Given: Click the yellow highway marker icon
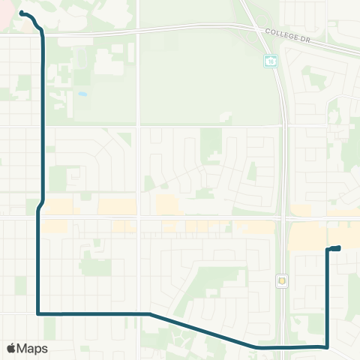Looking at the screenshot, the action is (x=281, y=281).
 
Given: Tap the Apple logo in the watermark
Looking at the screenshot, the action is (x=12, y=348).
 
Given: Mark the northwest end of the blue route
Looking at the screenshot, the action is (x=21, y=13).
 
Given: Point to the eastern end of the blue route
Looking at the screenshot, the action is (x=339, y=247).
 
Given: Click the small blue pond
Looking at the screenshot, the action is (x=81, y=95).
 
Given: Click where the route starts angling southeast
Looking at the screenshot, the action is (x=150, y=313).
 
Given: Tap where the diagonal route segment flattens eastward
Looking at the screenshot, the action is (x=257, y=347).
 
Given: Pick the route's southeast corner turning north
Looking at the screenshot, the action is (x=328, y=346).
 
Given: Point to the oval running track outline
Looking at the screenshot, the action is (x=223, y=117).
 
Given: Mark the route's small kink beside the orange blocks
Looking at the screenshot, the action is (x=40, y=205).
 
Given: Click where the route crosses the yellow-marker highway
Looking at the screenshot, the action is (x=285, y=347).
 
